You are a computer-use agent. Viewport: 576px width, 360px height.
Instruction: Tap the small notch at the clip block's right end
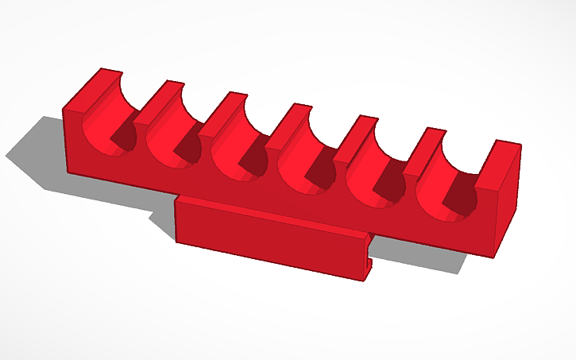(370, 258)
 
